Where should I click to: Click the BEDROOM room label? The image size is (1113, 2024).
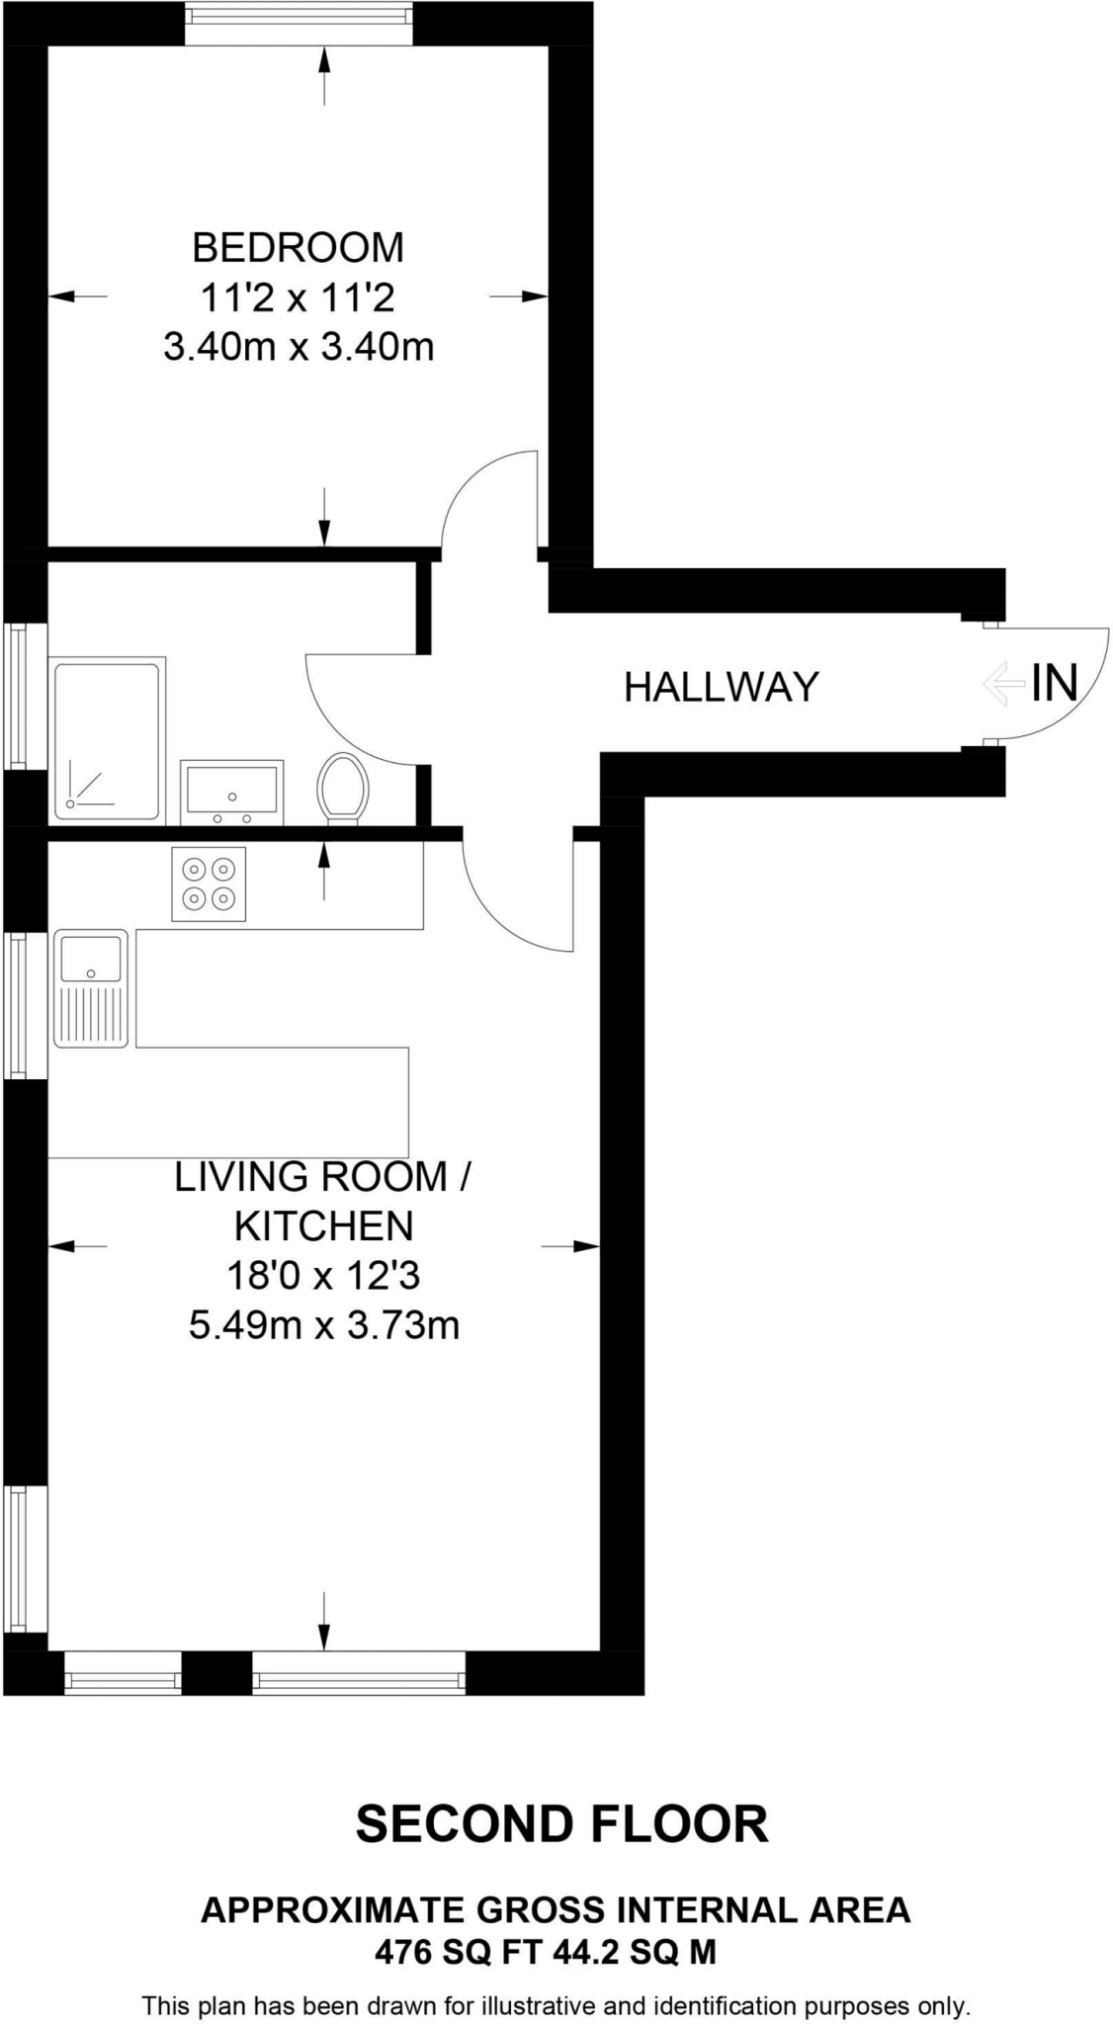[x=298, y=247]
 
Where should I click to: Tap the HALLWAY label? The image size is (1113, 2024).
[x=721, y=686]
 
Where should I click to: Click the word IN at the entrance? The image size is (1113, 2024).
[x=1054, y=682]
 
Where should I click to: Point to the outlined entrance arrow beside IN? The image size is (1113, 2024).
[x=1003, y=684]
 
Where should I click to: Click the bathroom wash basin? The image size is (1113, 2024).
[x=231, y=792]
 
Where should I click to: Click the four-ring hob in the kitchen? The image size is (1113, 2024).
[x=209, y=884]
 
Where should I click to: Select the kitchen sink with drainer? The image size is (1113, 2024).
[x=91, y=987]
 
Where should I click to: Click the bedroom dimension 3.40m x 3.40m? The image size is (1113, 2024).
[x=298, y=347]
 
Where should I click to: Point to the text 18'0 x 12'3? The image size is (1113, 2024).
[x=323, y=1276]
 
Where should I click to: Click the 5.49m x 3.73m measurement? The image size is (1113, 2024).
[x=323, y=1325]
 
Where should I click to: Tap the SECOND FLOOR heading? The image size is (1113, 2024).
[x=561, y=1824]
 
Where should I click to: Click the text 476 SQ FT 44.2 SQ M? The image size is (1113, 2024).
[x=546, y=1952]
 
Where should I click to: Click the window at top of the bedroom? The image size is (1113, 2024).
[x=299, y=23]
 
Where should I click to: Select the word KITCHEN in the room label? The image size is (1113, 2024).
[x=323, y=1226]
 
